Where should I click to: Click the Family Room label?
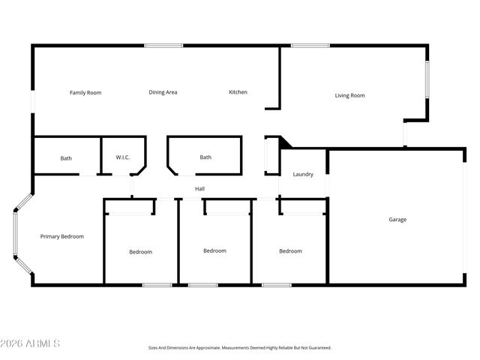coord(85,93)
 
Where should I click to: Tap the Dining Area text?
coord(163,92)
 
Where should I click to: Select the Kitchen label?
coord(238,92)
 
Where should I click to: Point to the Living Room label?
coord(349,95)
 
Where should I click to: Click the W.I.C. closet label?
coord(123,157)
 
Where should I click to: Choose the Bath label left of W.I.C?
coord(66,158)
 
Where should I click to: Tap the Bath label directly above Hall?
coord(205,157)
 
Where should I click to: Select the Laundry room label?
coord(303,175)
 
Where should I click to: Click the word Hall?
coord(199,189)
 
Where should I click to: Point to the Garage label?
coord(397,220)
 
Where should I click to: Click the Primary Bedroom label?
coord(61,236)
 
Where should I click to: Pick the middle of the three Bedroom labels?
coord(214,250)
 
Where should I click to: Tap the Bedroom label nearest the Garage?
coord(290,251)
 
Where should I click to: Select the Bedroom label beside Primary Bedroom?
coord(140,252)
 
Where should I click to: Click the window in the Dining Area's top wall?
coord(163,46)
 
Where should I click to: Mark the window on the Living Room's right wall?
coord(427,79)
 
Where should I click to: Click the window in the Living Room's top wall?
coord(310,46)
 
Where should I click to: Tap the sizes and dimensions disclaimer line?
coord(239,348)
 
